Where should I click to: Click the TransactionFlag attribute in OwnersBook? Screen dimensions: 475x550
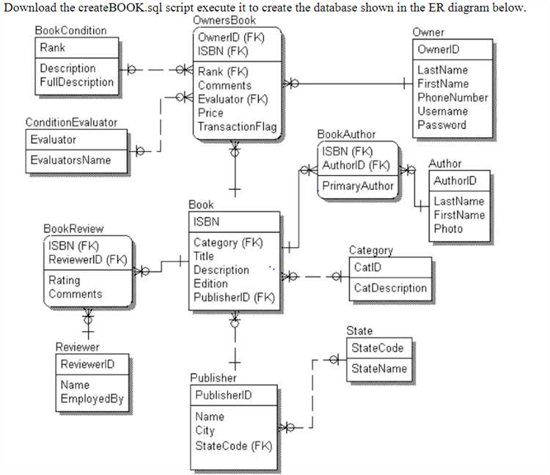click(x=237, y=127)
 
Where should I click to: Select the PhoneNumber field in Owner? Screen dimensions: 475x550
click(x=452, y=97)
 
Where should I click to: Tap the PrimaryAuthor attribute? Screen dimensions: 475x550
click(x=358, y=185)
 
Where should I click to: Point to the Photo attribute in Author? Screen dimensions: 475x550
click(x=448, y=229)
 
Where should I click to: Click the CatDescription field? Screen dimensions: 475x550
click(x=389, y=288)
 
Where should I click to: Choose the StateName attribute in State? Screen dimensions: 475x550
click(x=378, y=369)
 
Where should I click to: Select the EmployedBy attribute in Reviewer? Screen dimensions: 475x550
click(x=92, y=399)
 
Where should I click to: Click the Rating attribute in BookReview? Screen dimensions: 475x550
click(x=65, y=280)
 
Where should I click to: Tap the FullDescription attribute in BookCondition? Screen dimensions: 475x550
click(x=76, y=82)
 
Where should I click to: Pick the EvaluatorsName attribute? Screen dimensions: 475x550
click(x=70, y=160)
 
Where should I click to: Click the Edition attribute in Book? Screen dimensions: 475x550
click(x=210, y=284)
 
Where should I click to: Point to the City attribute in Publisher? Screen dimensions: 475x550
click(x=205, y=431)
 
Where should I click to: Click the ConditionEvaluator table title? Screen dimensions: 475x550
click(x=71, y=122)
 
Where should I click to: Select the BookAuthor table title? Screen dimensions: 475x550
click(x=346, y=134)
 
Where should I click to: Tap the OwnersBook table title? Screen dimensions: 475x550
click(x=224, y=21)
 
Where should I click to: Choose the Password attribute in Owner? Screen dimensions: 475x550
click(x=441, y=125)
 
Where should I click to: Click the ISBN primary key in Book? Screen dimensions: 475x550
click(x=206, y=221)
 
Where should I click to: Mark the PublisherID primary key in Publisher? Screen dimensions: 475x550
click(x=223, y=395)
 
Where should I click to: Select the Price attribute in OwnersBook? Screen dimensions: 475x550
click(x=210, y=113)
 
